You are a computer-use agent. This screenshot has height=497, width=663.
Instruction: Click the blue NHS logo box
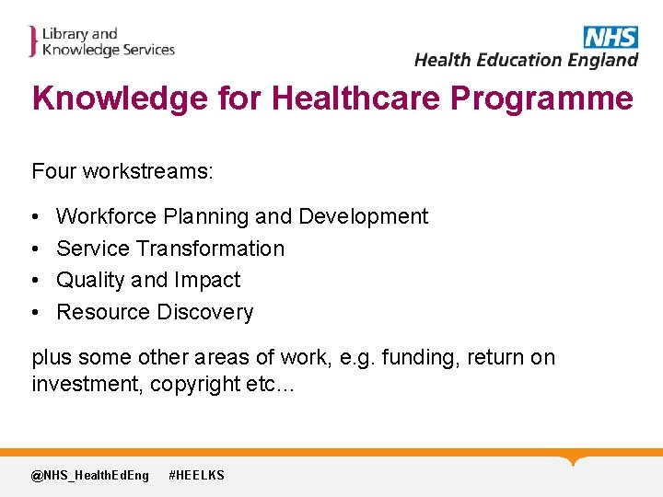(x=611, y=37)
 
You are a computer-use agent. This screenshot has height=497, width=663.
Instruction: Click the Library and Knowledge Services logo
(x=101, y=42)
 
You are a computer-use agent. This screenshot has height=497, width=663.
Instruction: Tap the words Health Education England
(x=526, y=60)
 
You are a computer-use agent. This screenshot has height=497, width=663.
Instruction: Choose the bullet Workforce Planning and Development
(x=241, y=216)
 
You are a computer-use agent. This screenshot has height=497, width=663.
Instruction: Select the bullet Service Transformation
(x=170, y=248)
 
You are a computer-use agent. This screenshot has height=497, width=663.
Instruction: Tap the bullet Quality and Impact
(x=148, y=280)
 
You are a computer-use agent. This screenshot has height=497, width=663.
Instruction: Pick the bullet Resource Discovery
(x=155, y=312)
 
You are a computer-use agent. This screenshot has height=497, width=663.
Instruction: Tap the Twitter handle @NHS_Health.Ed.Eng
(x=89, y=475)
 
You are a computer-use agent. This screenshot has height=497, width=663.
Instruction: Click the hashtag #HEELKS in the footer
(x=196, y=475)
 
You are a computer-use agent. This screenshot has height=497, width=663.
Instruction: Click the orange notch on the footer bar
(x=575, y=459)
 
